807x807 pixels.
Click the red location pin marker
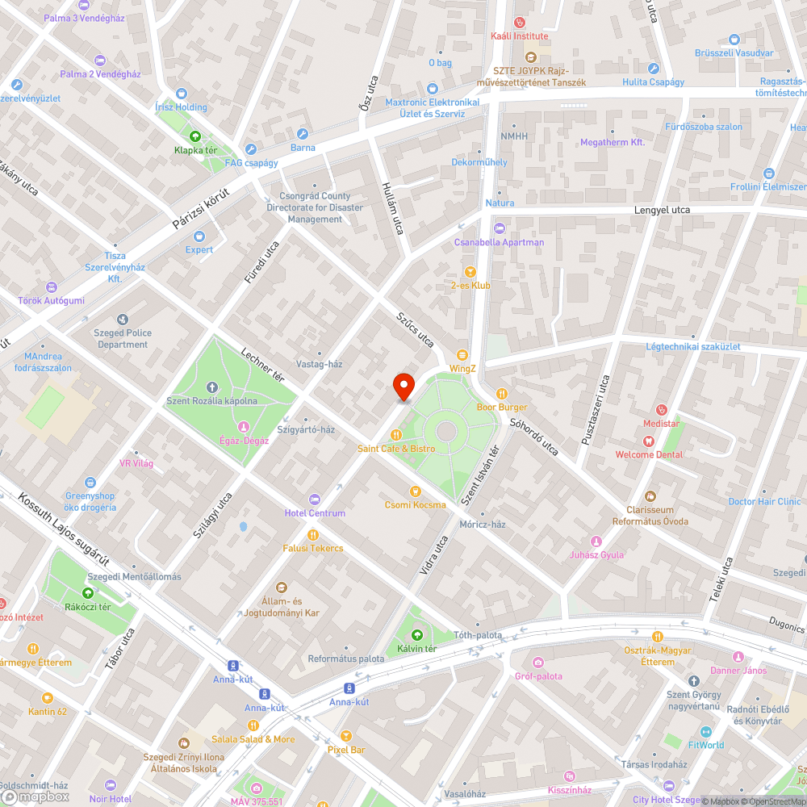[403, 387]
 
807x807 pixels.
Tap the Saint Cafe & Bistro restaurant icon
[396, 435]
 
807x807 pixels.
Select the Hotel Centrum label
[315, 513]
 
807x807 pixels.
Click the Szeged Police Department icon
[122, 320]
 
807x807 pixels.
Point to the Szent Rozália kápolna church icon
[212, 387]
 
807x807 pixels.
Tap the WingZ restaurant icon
[462, 355]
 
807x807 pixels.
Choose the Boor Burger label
[501, 407]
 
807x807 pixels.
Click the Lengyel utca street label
[663, 210]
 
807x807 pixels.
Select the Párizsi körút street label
[201, 209]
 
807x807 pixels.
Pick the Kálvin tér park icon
[416, 635]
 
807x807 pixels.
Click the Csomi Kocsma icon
[415, 491]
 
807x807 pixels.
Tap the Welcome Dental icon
[648, 441]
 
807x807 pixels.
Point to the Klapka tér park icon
[194, 136]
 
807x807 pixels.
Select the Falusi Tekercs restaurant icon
[313, 535]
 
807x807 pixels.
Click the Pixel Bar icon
[346, 736]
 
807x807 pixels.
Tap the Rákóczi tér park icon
[87, 593]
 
